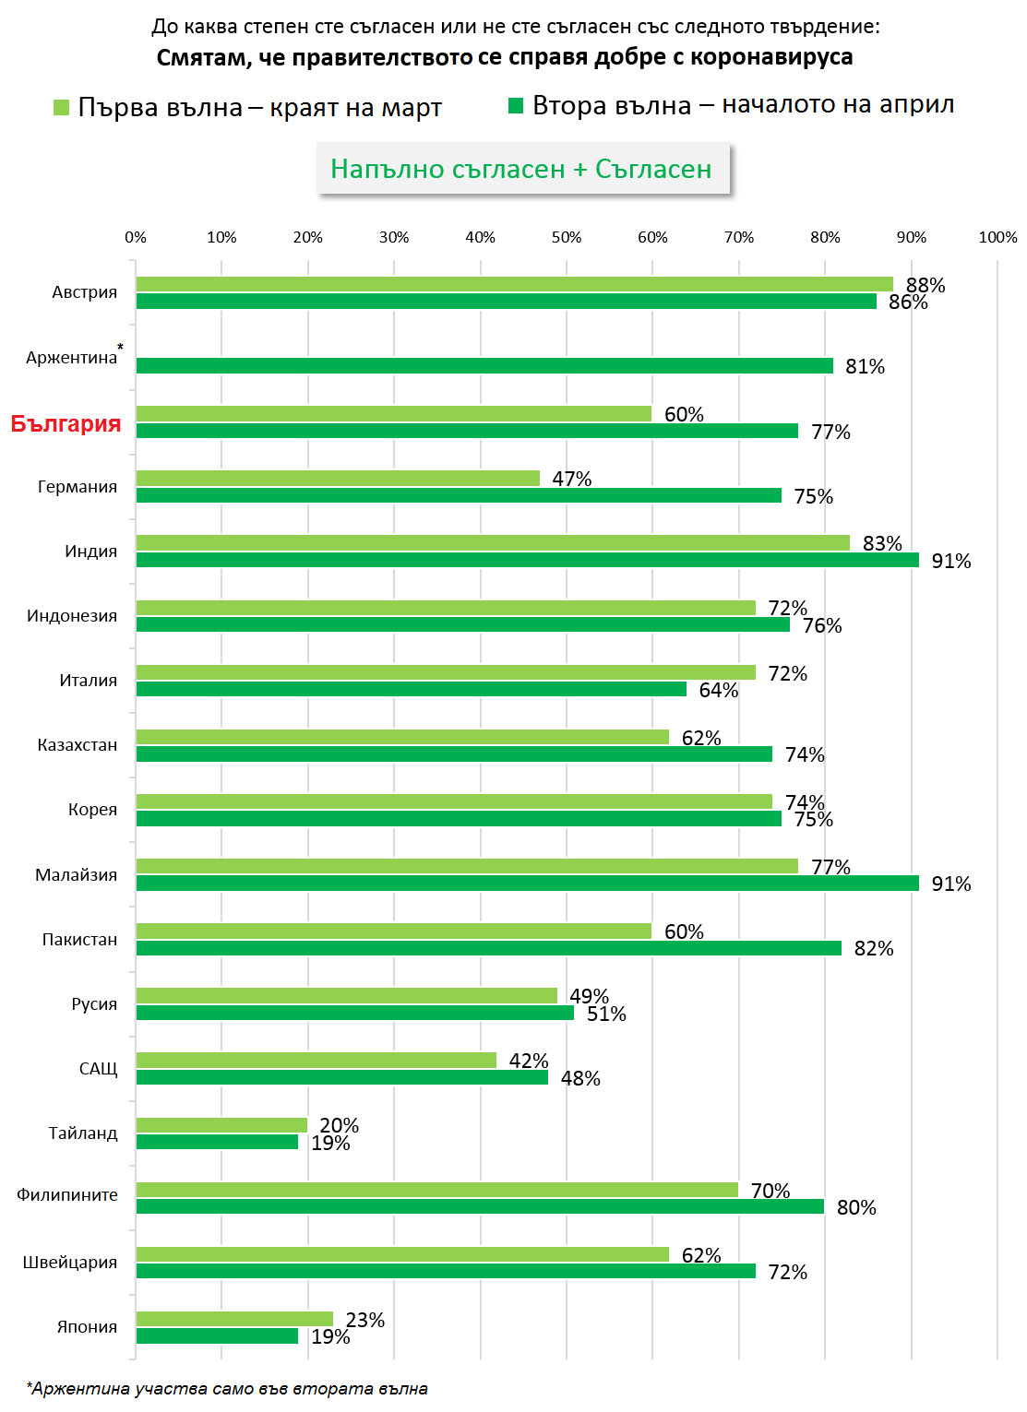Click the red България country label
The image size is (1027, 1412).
tap(66, 423)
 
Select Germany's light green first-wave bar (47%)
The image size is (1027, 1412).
tap(338, 479)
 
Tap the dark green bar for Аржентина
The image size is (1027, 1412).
tap(484, 366)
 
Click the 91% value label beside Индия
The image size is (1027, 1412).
tap(950, 561)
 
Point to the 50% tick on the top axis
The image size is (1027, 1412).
tap(567, 238)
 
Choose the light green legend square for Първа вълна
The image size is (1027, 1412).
tap(62, 108)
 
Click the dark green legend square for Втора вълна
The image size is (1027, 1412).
tap(516, 106)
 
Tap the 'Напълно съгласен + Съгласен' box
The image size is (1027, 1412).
tap(521, 169)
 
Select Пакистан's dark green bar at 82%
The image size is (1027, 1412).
tap(489, 948)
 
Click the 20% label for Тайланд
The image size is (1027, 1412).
tap(339, 1125)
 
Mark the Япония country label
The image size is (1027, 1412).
tap(87, 1327)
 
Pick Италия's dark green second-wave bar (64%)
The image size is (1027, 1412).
tap(412, 690)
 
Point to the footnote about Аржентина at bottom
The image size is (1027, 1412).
tap(228, 1389)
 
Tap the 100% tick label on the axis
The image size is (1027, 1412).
tap(997, 238)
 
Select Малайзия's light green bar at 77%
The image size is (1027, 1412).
tap(467, 867)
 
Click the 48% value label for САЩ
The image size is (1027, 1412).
tap(580, 1078)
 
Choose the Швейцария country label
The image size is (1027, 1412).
tap(70, 1263)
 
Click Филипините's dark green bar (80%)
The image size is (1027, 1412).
tap(480, 1206)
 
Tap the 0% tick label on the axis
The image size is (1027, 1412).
tap(136, 238)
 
